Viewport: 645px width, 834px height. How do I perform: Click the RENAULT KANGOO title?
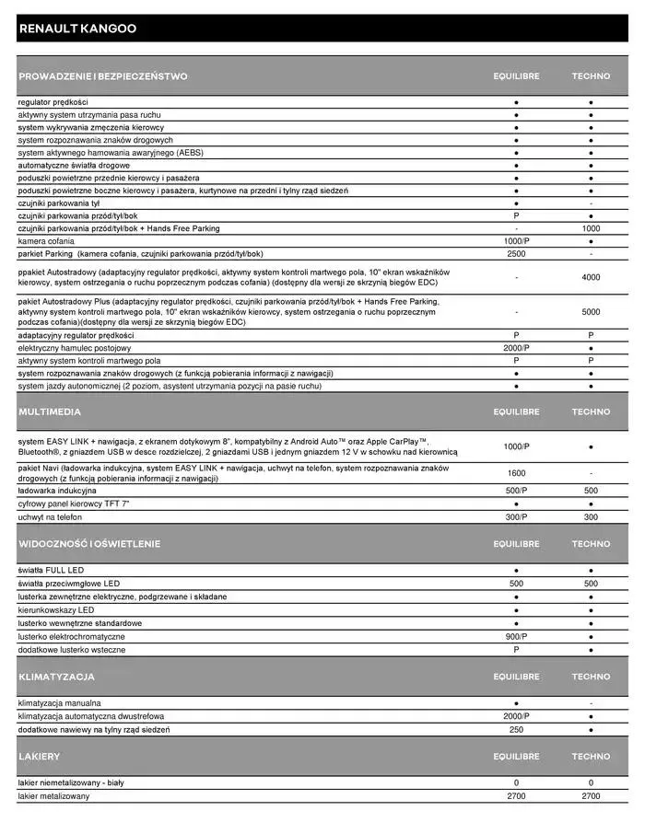pos(77,29)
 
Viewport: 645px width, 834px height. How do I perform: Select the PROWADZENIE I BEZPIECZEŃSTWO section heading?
pos(103,76)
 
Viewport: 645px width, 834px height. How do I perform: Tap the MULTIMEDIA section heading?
pos(51,411)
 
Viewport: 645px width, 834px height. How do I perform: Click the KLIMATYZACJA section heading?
pos(56,677)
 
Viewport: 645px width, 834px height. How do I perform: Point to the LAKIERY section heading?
pos(40,757)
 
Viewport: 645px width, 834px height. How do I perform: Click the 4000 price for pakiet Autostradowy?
pos(591,277)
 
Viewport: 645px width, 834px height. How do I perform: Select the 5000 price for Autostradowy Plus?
pos(591,312)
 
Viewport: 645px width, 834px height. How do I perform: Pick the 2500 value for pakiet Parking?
pos(516,253)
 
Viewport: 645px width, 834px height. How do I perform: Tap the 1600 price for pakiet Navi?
pos(516,473)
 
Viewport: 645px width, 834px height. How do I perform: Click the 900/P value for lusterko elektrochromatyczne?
pos(516,636)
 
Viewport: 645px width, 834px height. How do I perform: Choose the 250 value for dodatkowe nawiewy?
pos(516,730)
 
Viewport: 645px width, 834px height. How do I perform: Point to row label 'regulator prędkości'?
pos(53,102)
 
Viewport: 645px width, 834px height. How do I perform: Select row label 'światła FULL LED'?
pos(50,571)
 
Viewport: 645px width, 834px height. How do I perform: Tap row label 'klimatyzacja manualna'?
pos(60,703)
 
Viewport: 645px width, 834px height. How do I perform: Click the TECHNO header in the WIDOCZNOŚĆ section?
pos(591,544)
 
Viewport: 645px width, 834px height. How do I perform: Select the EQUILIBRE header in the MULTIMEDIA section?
pos(516,411)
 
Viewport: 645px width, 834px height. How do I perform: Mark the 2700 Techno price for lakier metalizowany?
pos(591,795)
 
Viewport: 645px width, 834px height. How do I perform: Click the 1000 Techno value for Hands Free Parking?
pos(591,228)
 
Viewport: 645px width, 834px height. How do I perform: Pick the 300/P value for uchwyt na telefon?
pos(516,517)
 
